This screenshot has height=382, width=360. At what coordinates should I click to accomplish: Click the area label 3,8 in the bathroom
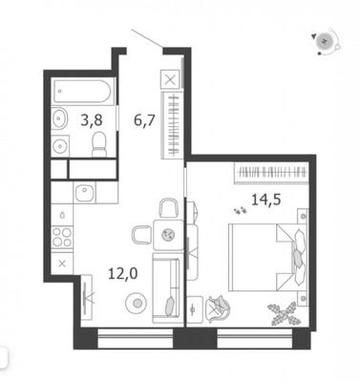click(x=92, y=120)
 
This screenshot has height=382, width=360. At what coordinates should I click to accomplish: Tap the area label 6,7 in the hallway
click(x=144, y=120)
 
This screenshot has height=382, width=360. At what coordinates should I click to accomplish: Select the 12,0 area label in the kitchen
click(x=123, y=273)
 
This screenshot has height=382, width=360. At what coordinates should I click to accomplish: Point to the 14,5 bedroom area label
click(x=266, y=200)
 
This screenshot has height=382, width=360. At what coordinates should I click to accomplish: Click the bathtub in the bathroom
click(x=82, y=92)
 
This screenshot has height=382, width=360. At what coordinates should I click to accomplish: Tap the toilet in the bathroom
click(x=99, y=144)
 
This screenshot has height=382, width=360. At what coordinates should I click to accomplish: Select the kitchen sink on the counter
click(x=84, y=193)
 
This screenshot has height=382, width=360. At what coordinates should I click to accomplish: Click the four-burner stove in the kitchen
click(x=62, y=238)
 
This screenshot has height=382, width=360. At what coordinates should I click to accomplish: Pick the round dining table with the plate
click(x=168, y=235)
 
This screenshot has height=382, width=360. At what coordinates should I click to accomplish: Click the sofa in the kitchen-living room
click(x=166, y=288)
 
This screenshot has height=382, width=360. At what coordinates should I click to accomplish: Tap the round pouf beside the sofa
click(x=137, y=304)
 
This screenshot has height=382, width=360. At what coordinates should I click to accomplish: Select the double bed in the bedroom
click(x=268, y=257)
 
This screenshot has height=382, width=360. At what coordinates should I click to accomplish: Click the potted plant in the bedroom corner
click(x=285, y=313)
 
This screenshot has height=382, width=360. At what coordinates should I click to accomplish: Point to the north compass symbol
click(x=325, y=41)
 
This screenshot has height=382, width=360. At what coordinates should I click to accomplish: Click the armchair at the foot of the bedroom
click(x=218, y=308)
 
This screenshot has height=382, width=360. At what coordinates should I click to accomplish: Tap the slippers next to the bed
click(x=241, y=210)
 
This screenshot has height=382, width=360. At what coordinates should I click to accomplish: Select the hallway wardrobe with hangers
click(x=173, y=125)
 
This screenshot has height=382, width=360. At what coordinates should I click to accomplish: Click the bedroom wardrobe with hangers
click(x=271, y=173)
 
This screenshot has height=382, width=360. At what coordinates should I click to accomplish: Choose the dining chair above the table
click(x=168, y=208)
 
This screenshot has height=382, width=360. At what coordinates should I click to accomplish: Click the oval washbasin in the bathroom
click(x=59, y=118)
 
